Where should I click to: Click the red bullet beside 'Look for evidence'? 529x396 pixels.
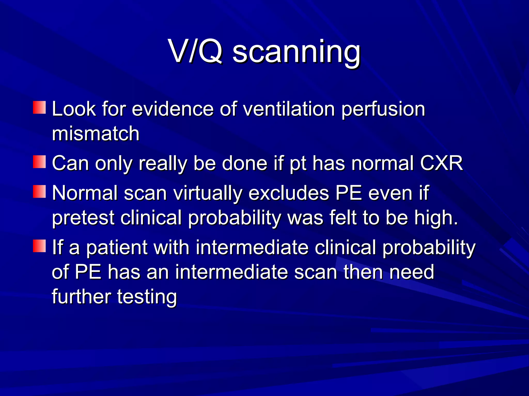39,107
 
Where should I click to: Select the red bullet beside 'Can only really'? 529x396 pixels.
39,162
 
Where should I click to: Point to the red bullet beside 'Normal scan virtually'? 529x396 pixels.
39,191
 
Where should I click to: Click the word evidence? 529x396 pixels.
173,109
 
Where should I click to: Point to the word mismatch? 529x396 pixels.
96,134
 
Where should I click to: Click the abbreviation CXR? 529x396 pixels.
441,163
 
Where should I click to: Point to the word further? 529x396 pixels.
81,296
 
